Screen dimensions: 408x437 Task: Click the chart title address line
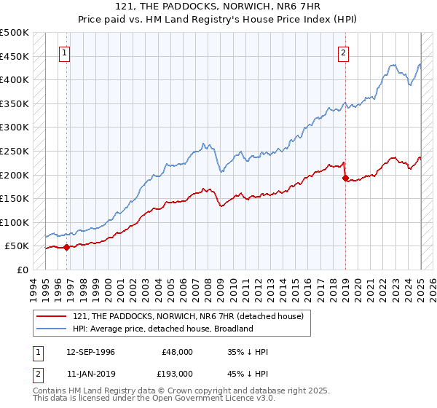(x=219, y=6)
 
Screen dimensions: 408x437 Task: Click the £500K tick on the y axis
(x=15, y=33)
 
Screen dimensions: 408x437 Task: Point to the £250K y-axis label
(x=15, y=151)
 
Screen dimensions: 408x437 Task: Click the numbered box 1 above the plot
(x=65, y=52)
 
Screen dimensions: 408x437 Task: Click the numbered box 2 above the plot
(x=342, y=52)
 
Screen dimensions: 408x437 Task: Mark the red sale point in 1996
(x=66, y=247)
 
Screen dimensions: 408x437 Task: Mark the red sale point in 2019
(x=345, y=178)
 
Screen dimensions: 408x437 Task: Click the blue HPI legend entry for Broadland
(x=162, y=329)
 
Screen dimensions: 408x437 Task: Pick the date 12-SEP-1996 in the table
(x=90, y=352)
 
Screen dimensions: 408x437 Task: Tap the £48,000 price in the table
(x=177, y=352)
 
